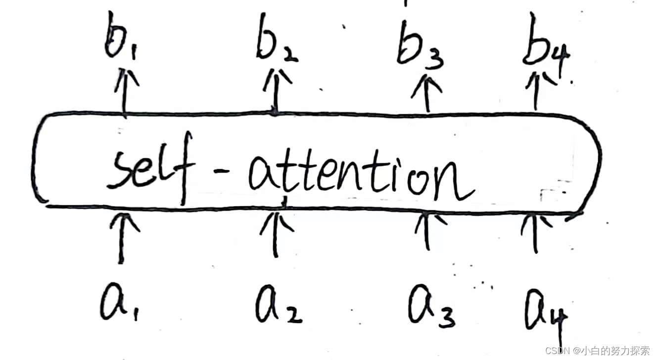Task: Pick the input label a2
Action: [x=277, y=304]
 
